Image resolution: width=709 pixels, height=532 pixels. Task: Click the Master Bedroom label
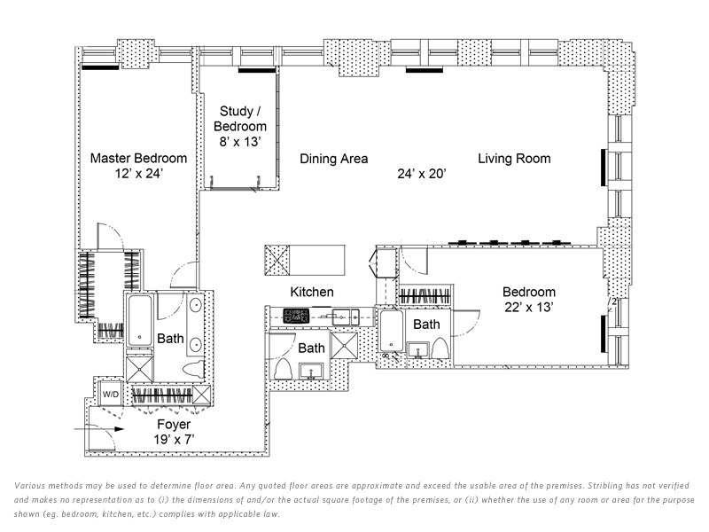coord(139,159)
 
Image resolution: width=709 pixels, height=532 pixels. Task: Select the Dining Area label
coord(333,160)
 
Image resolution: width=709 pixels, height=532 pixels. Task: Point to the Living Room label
coord(514,159)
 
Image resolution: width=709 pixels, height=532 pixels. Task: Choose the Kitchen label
coord(312,292)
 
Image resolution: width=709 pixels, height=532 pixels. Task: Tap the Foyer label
coord(174,425)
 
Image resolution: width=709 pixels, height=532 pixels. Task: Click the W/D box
coord(111,393)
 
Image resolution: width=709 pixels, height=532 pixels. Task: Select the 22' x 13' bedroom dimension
coord(529,307)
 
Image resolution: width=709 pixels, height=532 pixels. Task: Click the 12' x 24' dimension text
coord(139,174)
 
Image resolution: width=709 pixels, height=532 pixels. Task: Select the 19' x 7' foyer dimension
coord(174,439)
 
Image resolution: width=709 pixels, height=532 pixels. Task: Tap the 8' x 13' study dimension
coord(240,141)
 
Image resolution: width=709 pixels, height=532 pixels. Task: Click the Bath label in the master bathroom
coord(170,338)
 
